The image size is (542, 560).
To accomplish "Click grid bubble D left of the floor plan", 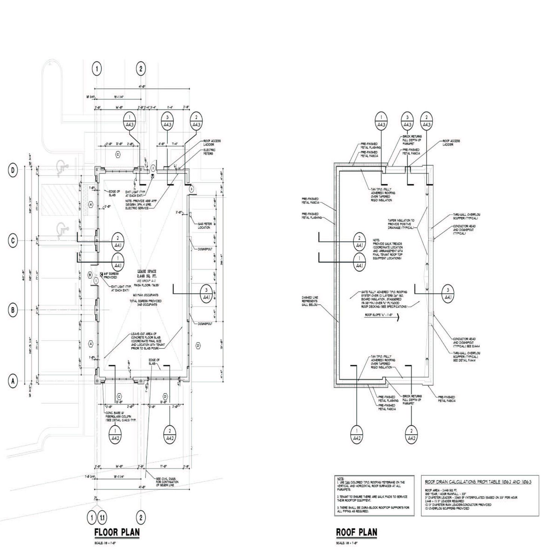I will point(13,171).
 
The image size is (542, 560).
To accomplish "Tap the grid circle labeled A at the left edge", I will point(13,381).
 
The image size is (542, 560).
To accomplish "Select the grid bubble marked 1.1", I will point(102,518).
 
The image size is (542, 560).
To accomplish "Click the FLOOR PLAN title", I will point(117,532).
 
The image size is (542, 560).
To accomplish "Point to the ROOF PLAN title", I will point(356,532).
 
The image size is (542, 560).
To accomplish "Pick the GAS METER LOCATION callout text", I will point(205,225).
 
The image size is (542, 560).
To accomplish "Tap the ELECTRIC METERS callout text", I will point(209,152).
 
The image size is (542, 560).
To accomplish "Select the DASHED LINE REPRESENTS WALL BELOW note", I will point(310,301).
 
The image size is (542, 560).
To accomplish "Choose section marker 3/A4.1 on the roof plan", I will point(447,294).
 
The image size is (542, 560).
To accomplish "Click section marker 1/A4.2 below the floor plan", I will point(115,434).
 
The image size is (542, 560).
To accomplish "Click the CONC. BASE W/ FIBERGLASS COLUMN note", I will point(120,416).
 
